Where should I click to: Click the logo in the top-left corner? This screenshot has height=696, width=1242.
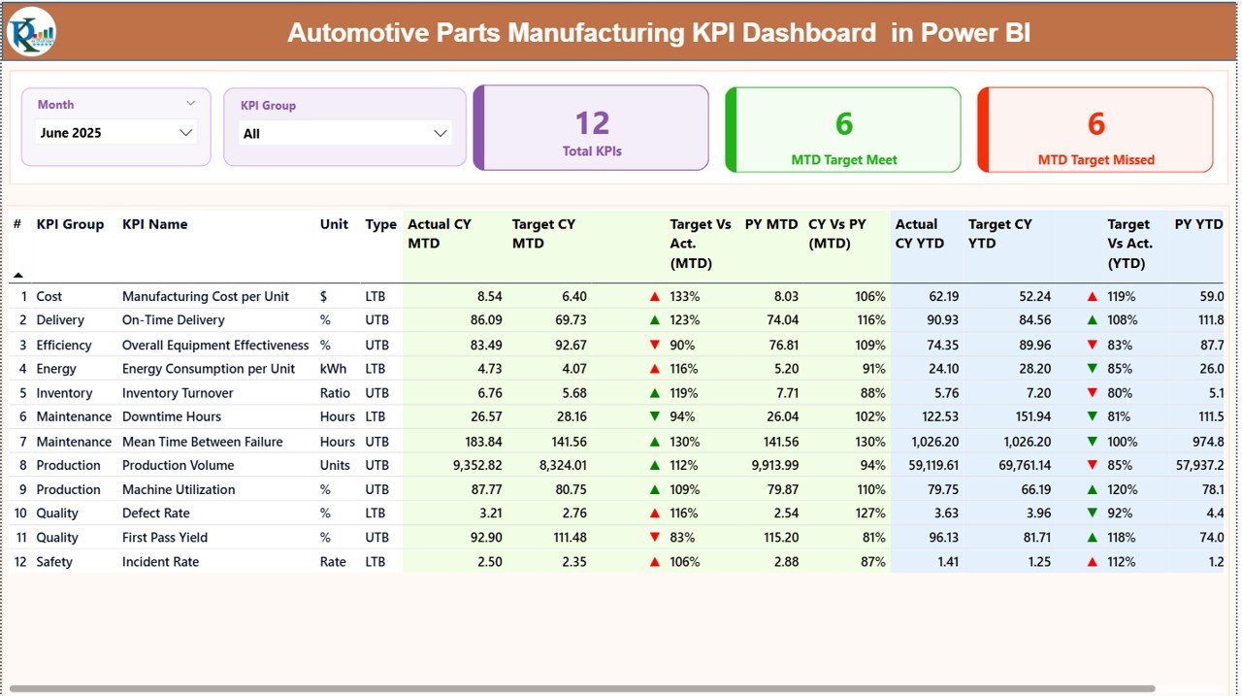pos(31,32)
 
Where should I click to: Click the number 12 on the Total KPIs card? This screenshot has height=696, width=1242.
pos(592,123)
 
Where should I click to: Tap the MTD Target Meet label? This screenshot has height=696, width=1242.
pos(843,160)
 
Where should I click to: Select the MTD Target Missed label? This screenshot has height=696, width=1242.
pos(1095,160)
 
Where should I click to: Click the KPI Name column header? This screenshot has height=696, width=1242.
pos(154,224)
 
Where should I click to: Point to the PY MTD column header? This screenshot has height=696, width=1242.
pos(770,224)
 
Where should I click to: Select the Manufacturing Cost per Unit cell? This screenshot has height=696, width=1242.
pos(205,296)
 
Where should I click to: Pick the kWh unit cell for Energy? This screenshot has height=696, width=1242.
pos(333,369)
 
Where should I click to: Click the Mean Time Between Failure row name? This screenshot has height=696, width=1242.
pos(202,442)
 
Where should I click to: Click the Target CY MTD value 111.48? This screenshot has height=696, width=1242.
pos(564,538)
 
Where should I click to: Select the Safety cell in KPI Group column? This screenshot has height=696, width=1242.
pos(54,562)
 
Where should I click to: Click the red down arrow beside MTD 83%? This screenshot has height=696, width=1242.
pos(655,538)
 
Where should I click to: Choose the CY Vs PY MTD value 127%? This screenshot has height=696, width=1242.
pos(871,514)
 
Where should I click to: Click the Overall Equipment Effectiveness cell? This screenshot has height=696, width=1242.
pos(215,345)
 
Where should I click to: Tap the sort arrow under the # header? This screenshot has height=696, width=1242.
pos(17,275)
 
